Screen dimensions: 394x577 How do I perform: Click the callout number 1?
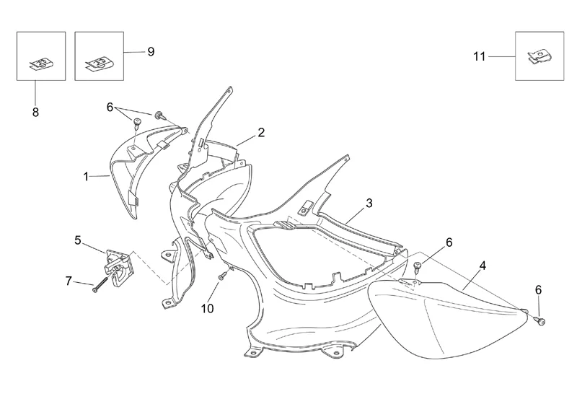(86, 175)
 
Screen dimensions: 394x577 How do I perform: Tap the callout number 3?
(369, 203)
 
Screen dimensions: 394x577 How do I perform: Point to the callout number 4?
(482, 266)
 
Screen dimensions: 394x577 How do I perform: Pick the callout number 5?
(78, 240)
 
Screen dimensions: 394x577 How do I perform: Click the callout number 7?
(69, 280)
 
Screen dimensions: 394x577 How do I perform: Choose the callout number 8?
(35, 112)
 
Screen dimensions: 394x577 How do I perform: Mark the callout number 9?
(150, 51)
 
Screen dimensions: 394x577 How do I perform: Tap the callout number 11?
(480, 56)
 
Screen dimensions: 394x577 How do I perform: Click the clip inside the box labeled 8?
(41, 63)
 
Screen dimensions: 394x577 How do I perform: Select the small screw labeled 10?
(224, 274)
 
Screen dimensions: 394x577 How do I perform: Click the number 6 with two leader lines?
(110, 107)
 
